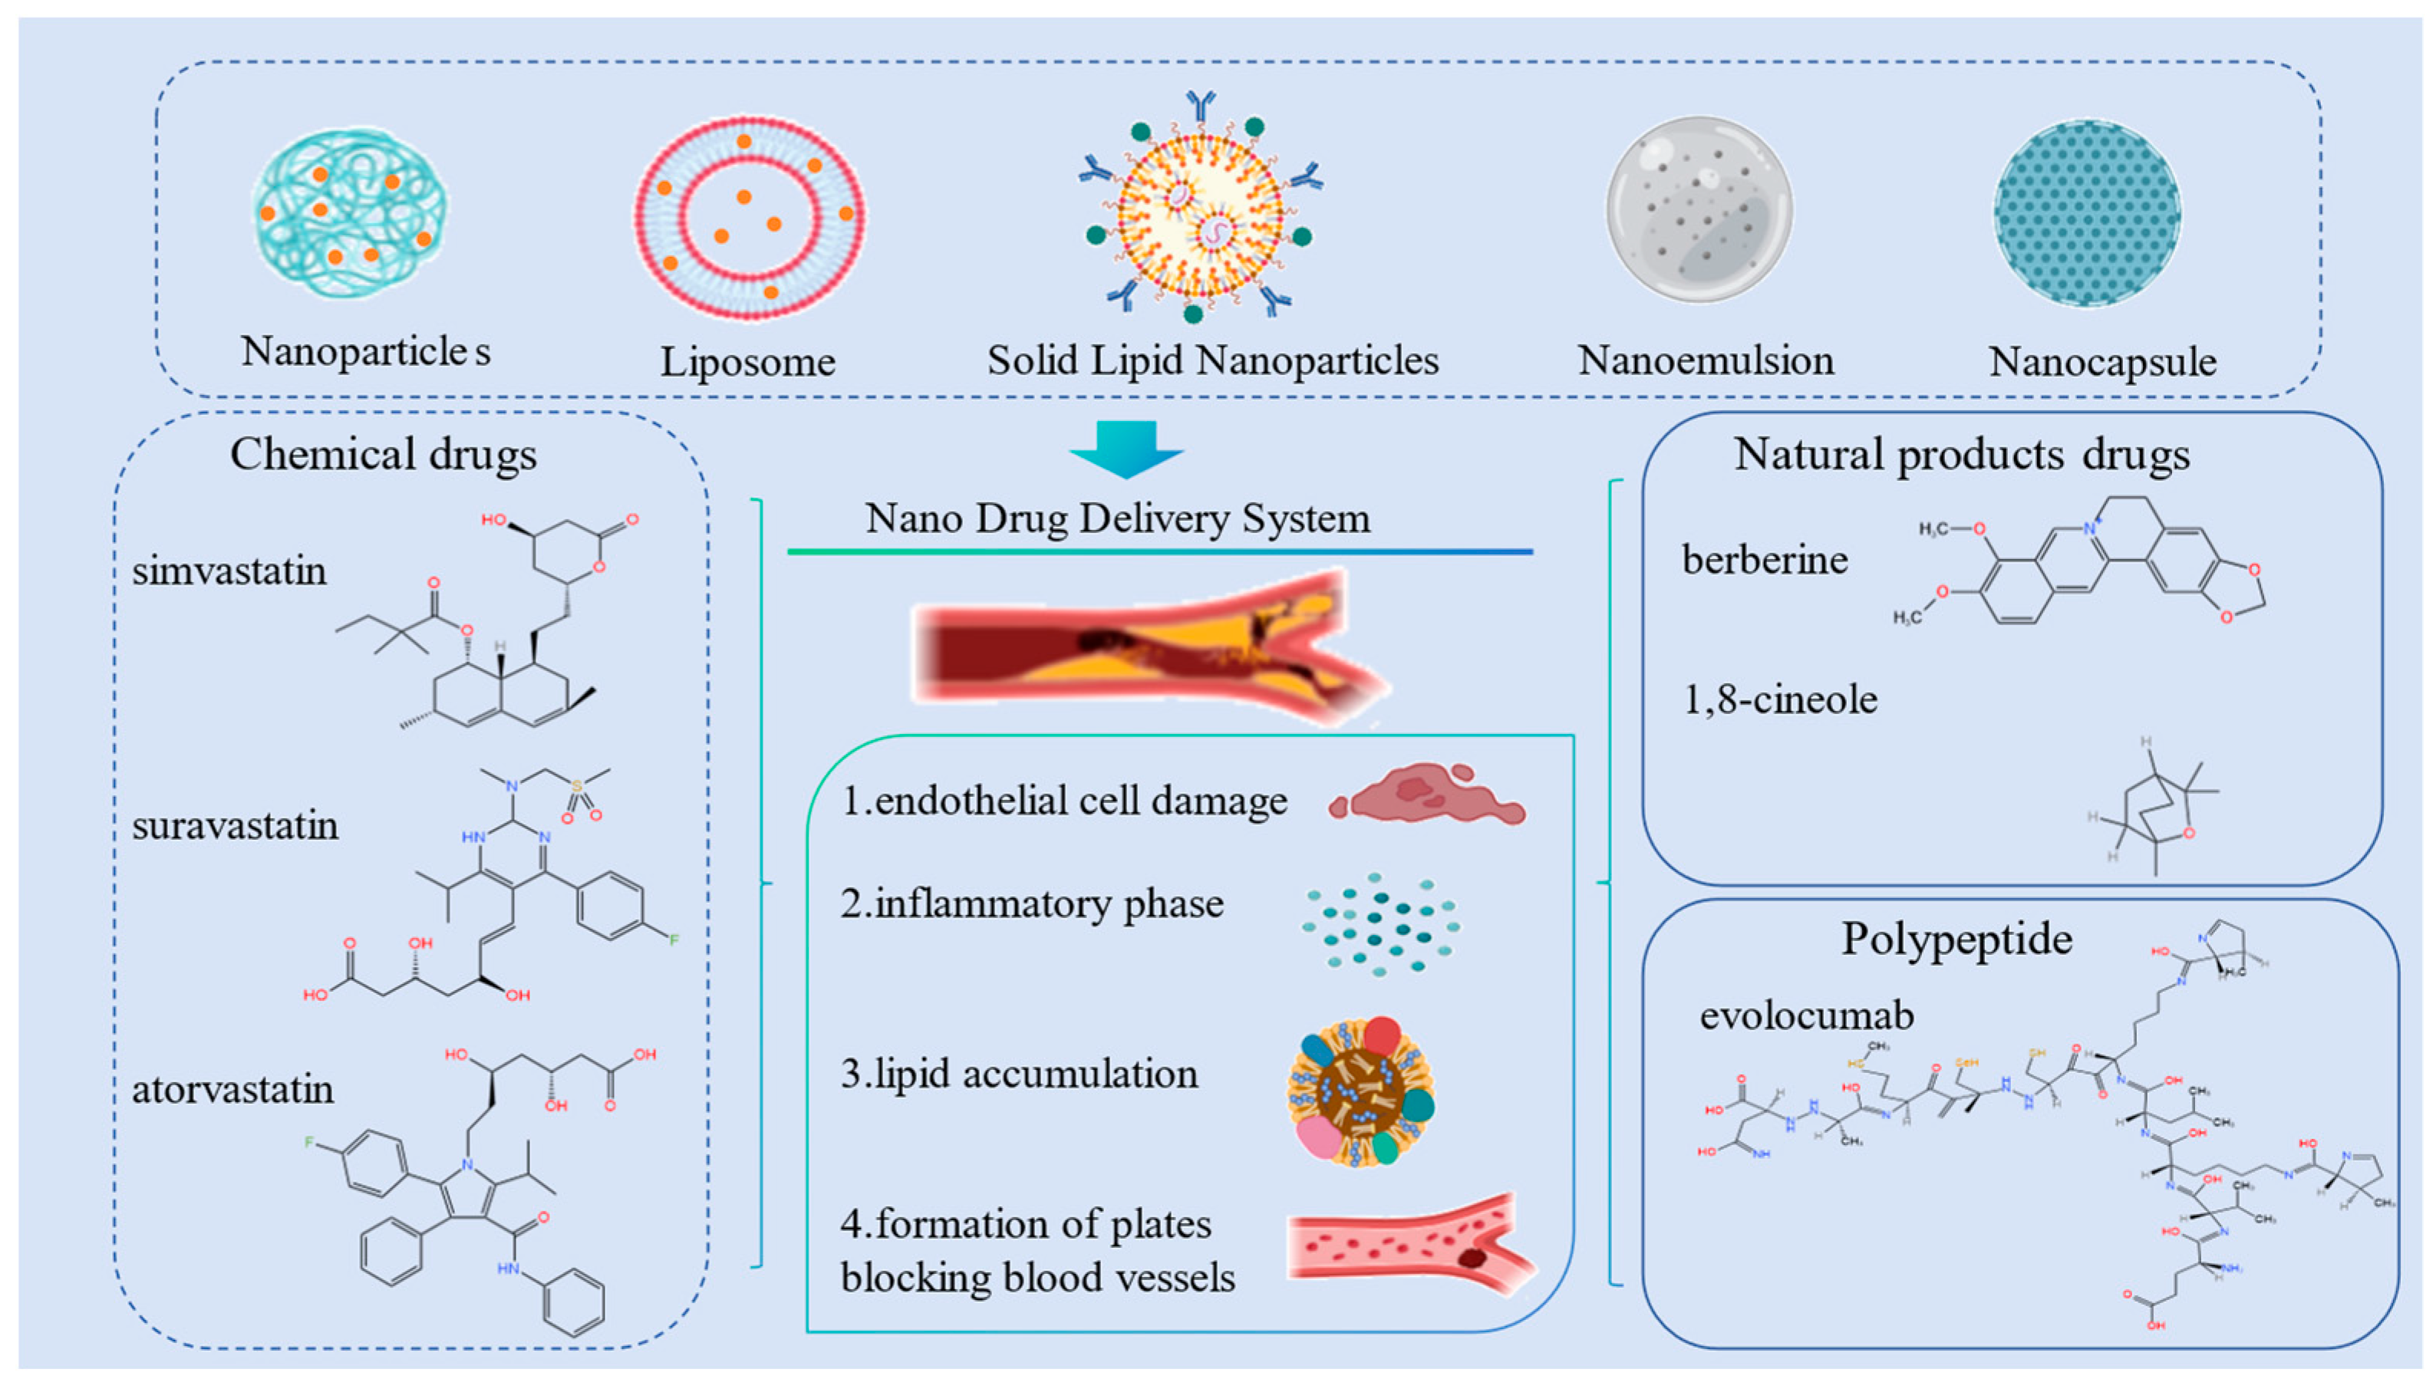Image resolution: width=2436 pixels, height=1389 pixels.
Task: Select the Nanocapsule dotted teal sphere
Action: (2086, 212)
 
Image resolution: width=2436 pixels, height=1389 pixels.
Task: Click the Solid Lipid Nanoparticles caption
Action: (1211, 360)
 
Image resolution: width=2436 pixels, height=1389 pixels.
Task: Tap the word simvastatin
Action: (229, 571)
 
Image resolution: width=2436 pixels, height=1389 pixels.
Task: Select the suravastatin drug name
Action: (235, 825)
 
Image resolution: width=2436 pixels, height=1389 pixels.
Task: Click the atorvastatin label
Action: (232, 1089)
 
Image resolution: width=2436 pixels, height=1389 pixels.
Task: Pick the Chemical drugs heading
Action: (383, 454)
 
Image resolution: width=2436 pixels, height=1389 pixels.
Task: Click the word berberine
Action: (1764, 560)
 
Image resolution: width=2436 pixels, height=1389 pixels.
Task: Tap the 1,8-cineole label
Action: (1779, 700)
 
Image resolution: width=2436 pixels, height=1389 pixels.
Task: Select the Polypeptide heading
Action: (1956, 939)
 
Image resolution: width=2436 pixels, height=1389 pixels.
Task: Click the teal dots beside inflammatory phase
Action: (1379, 923)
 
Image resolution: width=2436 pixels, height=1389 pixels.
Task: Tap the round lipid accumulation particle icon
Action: (1360, 1091)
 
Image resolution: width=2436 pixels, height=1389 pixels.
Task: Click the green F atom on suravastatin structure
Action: (674, 940)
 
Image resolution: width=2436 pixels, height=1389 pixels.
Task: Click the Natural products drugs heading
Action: (1961, 454)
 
